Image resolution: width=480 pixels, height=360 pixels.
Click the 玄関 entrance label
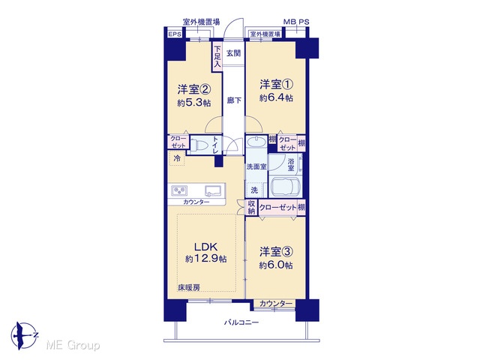[233, 53]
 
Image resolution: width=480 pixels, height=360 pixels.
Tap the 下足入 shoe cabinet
[217, 57]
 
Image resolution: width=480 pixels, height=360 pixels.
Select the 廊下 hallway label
[234, 100]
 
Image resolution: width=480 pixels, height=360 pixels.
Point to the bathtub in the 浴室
[284, 187]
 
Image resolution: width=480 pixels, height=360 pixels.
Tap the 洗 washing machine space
[254, 190]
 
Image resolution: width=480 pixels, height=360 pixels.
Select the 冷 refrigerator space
[177, 158]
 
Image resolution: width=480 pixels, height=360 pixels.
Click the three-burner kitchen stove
[179, 190]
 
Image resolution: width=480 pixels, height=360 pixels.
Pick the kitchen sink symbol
[213, 190]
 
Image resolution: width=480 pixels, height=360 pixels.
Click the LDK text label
[206, 247]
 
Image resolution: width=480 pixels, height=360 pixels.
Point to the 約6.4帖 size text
[276, 98]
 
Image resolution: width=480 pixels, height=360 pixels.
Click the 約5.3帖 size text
[194, 103]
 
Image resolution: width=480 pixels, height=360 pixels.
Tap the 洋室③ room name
[277, 252]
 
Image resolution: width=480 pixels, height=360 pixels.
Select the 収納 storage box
[251, 208]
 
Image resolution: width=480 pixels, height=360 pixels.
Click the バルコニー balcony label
[241, 322]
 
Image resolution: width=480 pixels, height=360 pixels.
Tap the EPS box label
[175, 34]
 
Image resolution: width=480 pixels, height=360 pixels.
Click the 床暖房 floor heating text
[189, 287]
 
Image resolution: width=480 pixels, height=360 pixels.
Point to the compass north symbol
[24, 336]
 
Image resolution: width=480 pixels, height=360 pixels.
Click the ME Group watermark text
[73, 345]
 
